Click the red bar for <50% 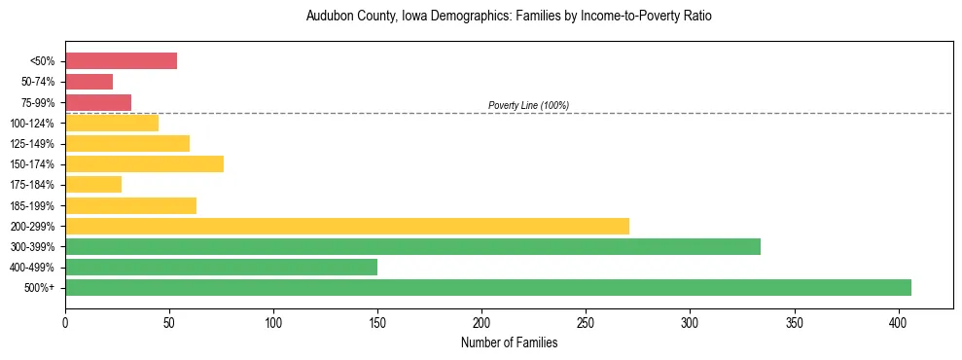[x=121, y=61]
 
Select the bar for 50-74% [x=89, y=82]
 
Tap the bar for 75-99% [x=97, y=102]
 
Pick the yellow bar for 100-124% [x=111, y=123]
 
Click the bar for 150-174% [x=144, y=164]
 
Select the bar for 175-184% [x=93, y=185]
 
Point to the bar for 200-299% [x=346, y=226]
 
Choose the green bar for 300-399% [x=412, y=246]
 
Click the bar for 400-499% [x=221, y=267]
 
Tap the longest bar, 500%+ [x=487, y=287]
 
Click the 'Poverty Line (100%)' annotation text [x=528, y=105]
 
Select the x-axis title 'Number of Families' [x=509, y=342]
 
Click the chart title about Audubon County [x=509, y=17]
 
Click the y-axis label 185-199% [x=32, y=205]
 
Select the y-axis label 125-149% [x=32, y=144]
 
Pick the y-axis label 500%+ [x=40, y=288]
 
